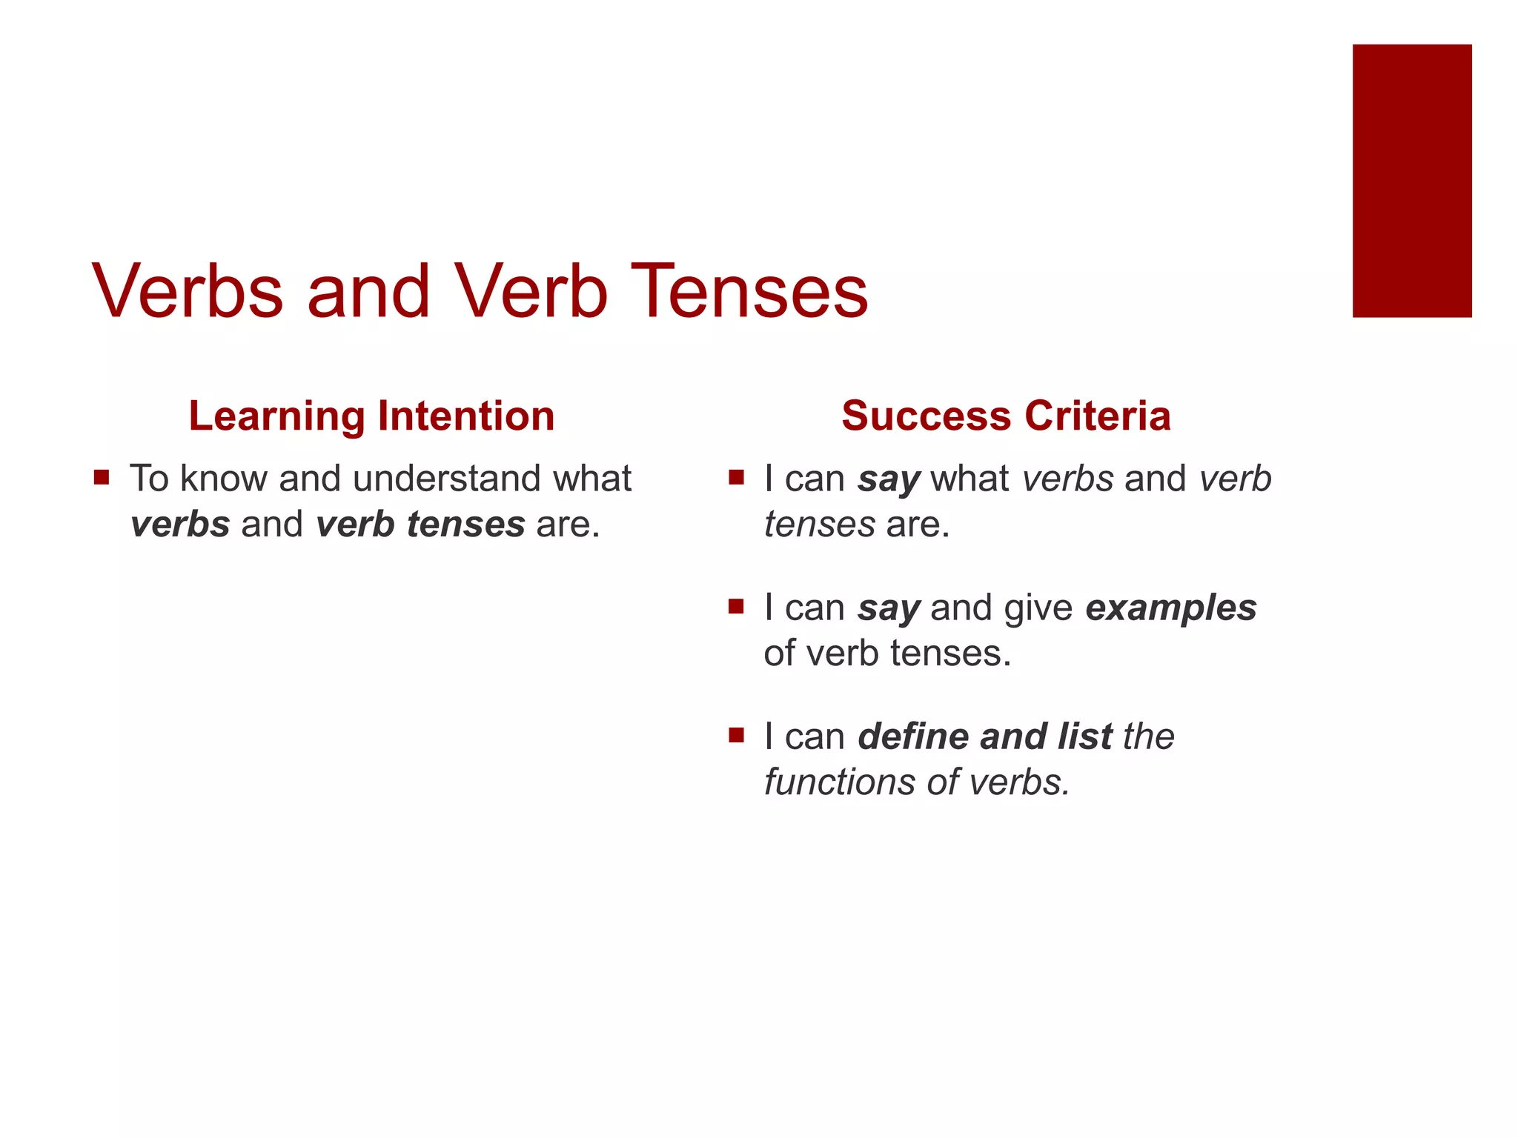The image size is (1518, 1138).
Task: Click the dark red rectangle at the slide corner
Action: click(x=1411, y=181)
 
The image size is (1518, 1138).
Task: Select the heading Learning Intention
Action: click(x=371, y=416)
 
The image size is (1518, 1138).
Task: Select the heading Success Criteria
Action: click(x=1006, y=416)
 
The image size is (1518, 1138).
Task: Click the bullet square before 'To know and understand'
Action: click(x=102, y=477)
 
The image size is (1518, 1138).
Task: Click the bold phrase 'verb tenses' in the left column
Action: click(x=420, y=525)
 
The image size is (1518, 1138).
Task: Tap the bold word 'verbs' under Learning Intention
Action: click(x=180, y=525)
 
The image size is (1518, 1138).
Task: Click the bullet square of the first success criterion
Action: click(x=736, y=477)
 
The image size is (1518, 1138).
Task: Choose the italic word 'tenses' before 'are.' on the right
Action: click(x=819, y=525)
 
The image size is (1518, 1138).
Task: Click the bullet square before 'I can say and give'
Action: click(x=736, y=607)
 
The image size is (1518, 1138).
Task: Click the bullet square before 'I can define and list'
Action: click(x=736, y=736)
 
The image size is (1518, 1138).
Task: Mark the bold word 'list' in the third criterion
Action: click(x=1084, y=736)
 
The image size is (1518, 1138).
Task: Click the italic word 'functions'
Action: click(x=843, y=782)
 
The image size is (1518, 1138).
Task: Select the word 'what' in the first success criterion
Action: click(x=969, y=479)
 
